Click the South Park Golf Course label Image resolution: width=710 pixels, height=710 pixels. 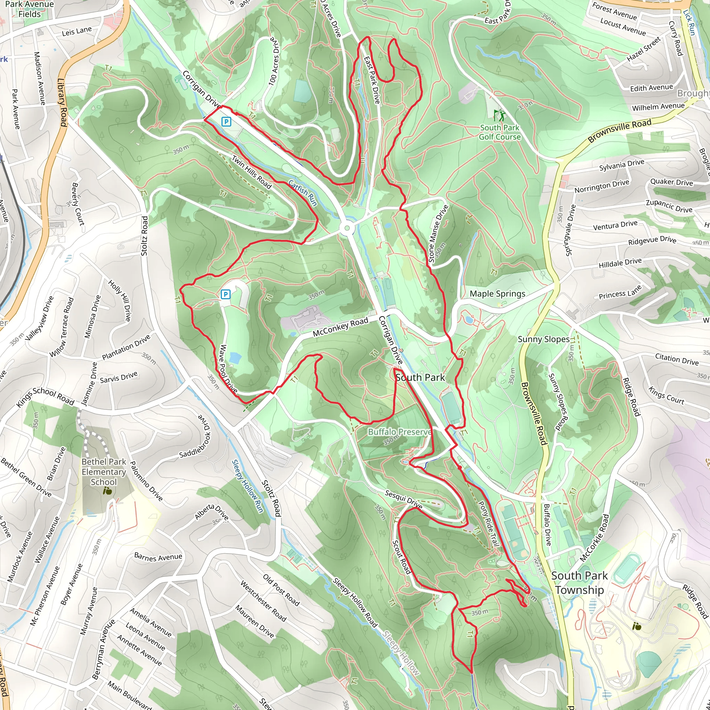pos(500,132)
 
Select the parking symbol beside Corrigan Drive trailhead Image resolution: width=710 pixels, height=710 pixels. pos(227,122)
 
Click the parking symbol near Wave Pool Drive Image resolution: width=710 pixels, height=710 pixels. pos(225,294)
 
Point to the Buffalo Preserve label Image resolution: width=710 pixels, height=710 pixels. pos(399,432)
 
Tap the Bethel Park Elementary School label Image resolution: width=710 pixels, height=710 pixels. pos(104,471)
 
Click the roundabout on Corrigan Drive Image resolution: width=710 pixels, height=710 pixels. pos(347,228)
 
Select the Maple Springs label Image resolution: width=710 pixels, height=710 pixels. pos(497,294)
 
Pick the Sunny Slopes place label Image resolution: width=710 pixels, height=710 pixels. pos(543,339)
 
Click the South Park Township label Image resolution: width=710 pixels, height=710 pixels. pos(579,582)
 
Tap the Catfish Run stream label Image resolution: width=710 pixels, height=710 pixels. pos(302,192)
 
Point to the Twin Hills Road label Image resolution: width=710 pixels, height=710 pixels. pos(251,172)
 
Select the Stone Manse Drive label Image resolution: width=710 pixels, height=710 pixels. pos(439,233)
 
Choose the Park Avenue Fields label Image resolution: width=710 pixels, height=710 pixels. pos(30,9)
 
